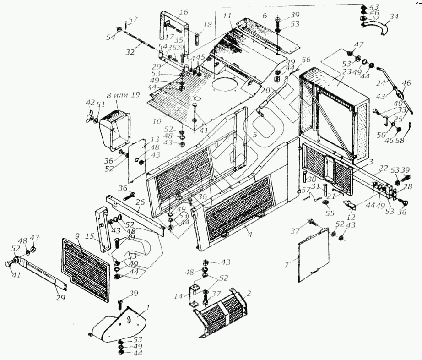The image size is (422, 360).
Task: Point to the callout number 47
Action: pos(358,45)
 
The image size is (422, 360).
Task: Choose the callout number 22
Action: pos(384,169)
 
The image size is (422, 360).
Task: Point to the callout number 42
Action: pos(90,103)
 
